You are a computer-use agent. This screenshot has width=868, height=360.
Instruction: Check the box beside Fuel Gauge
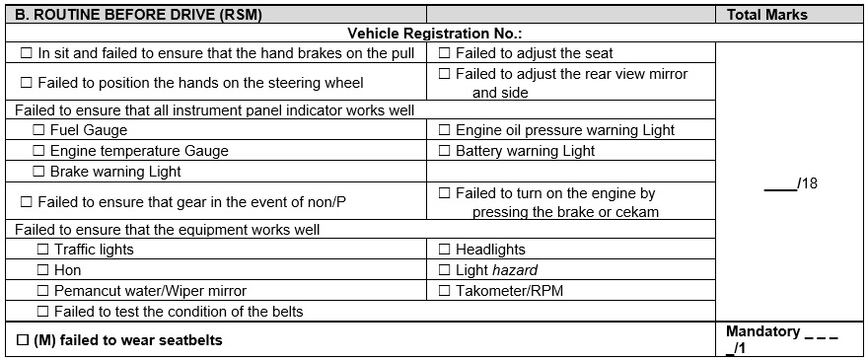coord(38,130)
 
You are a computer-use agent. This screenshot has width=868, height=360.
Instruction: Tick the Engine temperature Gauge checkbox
coord(38,151)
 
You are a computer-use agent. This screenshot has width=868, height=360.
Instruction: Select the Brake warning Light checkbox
coord(38,172)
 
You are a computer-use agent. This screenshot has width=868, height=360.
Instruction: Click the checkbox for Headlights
coord(444,250)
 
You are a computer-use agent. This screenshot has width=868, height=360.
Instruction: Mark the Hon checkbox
coord(42,270)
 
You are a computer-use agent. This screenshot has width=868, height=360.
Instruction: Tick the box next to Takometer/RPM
coord(444,291)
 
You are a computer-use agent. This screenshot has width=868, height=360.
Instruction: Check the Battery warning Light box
coord(444,151)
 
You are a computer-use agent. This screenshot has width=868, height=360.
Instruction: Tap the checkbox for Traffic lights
coord(42,250)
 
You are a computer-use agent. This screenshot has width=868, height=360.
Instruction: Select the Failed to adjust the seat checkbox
coord(444,53)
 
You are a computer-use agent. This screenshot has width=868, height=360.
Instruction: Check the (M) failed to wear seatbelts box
coord(23,340)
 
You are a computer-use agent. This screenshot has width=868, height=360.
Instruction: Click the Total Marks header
coord(766,15)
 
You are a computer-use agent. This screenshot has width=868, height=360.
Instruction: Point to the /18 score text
coord(807,184)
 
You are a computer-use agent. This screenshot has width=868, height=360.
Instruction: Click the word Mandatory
coord(762,331)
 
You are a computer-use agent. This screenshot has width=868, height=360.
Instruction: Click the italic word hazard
coord(518,270)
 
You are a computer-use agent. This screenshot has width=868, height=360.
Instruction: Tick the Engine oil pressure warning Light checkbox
coord(444,130)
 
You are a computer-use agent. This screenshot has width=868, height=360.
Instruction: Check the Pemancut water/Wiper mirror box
coord(42,291)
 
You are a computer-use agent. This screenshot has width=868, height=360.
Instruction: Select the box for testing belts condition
coord(42,312)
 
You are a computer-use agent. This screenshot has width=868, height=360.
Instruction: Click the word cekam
coord(636,212)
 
